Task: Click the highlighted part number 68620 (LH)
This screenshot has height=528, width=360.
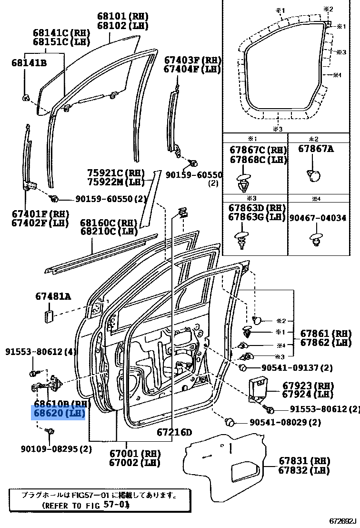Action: (x=58, y=413)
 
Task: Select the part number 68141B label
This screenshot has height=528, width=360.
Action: (x=30, y=62)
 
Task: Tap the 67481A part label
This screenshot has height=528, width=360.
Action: (x=53, y=296)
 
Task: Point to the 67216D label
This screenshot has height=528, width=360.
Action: (x=174, y=432)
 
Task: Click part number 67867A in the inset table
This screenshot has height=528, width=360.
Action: (x=316, y=149)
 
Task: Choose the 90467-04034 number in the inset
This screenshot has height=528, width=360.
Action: (x=318, y=218)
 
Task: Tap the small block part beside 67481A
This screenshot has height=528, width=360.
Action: (x=48, y=315)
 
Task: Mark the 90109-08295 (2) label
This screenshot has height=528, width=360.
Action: (x=56, y=448)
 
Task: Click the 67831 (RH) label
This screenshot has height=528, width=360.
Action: (x=304, y=461)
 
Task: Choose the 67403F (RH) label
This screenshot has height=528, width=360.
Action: (x=193, y=60)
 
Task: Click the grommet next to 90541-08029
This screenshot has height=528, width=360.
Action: (x=230, y=421)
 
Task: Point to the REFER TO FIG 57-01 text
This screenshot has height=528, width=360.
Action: (x=86, y=504)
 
